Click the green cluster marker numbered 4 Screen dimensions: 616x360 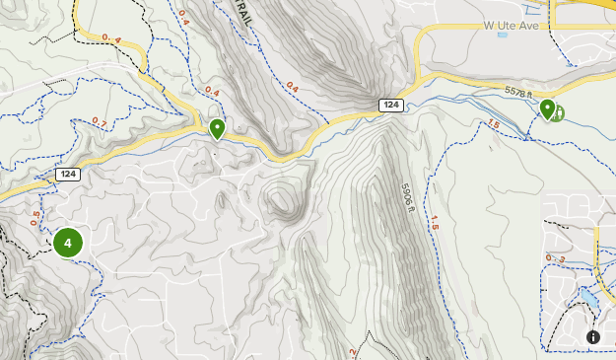click(68, 242)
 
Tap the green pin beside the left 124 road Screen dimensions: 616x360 click(217, 128)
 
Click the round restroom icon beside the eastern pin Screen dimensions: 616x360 click(558, 113)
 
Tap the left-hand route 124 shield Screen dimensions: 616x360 click(67, 175)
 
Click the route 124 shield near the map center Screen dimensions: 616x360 click(391, 105)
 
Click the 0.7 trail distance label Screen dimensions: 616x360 click(99, 121)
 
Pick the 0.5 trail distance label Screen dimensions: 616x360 click(35, 218)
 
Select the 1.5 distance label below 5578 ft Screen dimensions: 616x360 click(493, 123)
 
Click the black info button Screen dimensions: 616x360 click(593, 337)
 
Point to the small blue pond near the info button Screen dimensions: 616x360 click(588, 296)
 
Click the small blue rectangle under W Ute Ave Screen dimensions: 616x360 click(503, 35)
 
